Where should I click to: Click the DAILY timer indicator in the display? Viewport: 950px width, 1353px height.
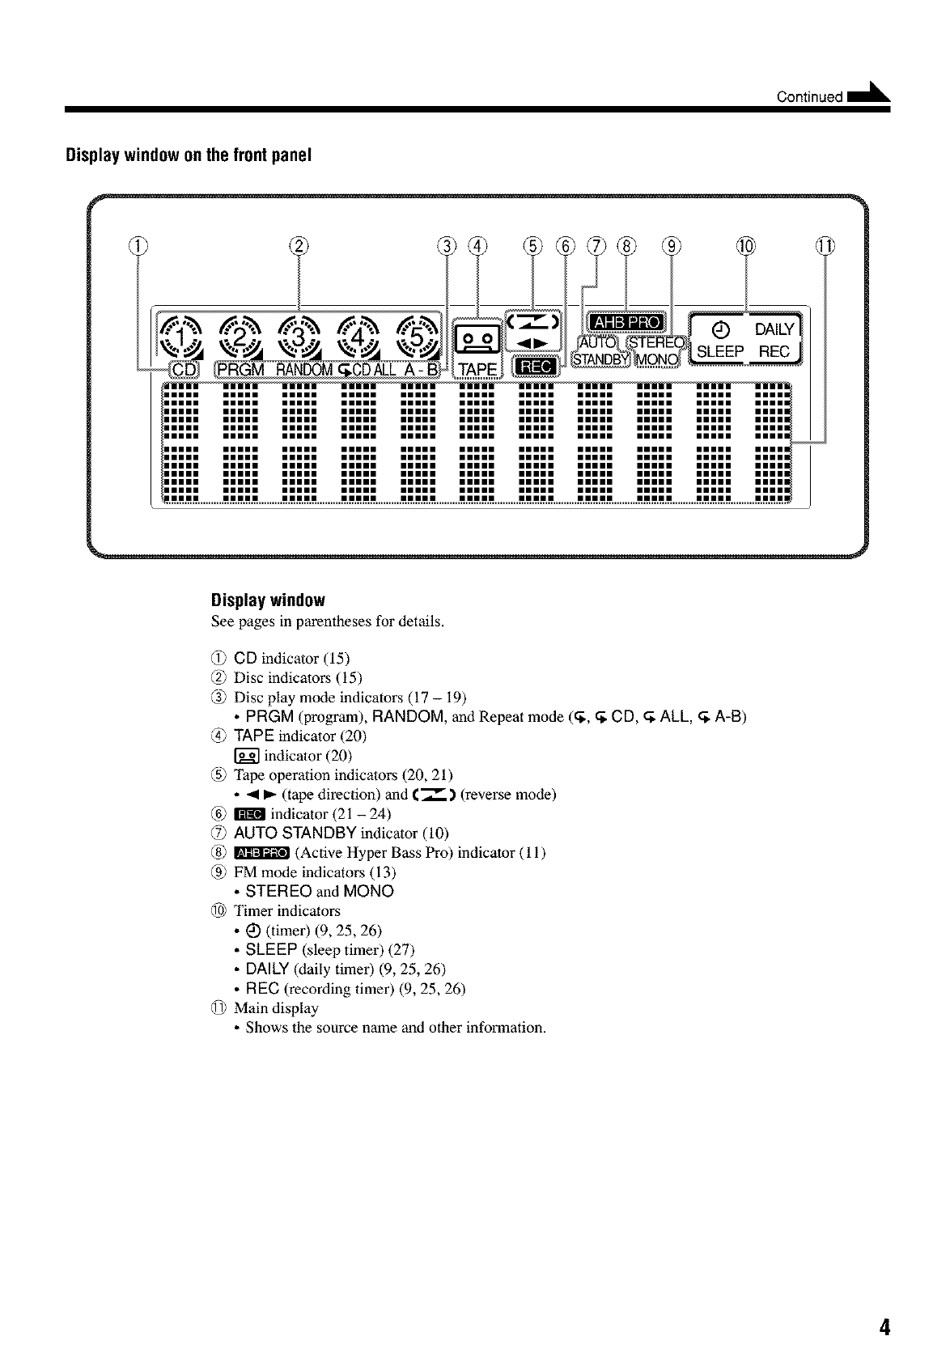(775, 329)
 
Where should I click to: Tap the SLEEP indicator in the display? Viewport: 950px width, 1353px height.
(720, 352)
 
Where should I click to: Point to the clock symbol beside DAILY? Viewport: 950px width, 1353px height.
(723, 329)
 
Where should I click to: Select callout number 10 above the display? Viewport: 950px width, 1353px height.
(745, 246)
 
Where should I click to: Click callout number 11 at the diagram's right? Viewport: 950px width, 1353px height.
(825, 246)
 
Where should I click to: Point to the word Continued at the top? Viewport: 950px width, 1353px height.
(809, 98)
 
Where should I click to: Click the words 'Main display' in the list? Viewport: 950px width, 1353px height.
(276, 1008)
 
